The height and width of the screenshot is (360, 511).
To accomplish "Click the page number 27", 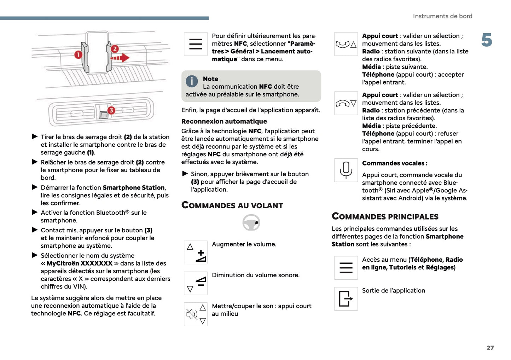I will coord(490,348).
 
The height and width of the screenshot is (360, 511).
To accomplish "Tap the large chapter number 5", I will coord(487,40).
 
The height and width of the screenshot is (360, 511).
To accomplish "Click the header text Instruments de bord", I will coord(442,16).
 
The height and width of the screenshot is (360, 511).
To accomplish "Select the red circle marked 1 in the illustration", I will coord(78,54).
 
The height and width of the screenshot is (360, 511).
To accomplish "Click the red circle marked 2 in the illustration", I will coord(115,49).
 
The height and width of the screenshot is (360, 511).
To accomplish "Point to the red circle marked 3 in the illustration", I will coord(111,110).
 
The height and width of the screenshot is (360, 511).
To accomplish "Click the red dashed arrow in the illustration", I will coord(120,58).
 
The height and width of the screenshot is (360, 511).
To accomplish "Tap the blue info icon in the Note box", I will coord(192,81).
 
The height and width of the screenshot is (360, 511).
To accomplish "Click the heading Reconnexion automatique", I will coord(224,121).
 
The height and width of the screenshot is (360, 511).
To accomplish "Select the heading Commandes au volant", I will coord(232,205).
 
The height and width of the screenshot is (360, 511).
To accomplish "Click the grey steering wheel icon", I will coord(251,223).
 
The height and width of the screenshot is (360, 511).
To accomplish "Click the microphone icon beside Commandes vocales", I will coord(346,170).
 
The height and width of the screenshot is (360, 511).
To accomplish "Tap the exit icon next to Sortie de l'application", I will coord(346,298).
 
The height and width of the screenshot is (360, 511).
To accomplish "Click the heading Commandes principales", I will coord(385,216).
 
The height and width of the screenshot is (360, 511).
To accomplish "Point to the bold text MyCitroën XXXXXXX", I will coord(79,263).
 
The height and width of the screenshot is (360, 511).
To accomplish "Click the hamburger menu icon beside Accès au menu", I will coord(346,268).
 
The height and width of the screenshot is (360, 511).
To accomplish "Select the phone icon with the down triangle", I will coord(346,103).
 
